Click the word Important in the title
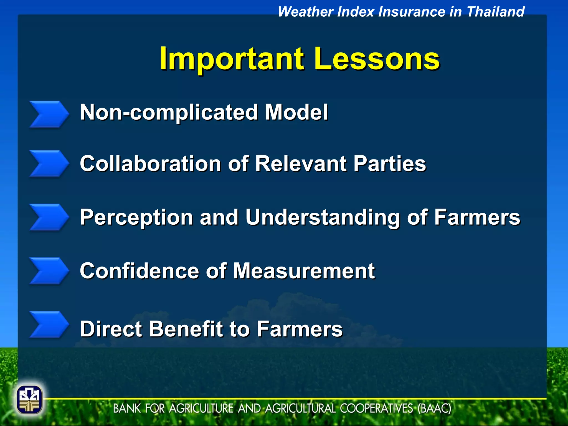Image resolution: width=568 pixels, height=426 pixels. coord(232,59)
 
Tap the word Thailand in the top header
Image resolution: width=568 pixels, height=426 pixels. coord(495,12)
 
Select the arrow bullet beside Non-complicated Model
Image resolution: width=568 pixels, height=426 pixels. coord(49,114)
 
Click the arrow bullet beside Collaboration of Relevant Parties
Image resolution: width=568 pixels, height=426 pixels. coord(49,163)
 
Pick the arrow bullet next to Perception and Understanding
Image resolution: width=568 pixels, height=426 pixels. coord(49,217)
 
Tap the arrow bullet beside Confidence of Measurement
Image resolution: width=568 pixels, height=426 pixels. coord(49,271)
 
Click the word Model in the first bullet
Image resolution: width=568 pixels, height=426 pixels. coord(296,112)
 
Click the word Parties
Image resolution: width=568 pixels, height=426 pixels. coord(389,164)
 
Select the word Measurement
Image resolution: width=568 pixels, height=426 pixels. coord(304,271)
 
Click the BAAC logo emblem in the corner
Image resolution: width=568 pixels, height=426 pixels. coord(29,400)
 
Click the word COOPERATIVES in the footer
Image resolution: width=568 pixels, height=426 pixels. coord(376,409)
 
